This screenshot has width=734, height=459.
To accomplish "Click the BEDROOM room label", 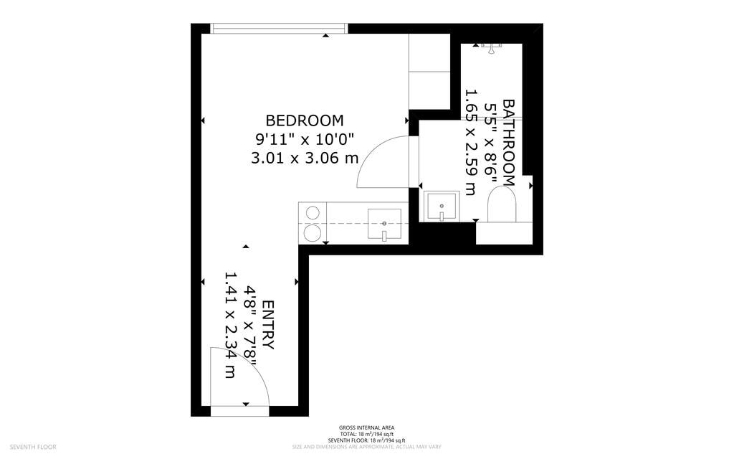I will tap(304, 120).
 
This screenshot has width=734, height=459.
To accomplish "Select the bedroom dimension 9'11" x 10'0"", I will tap(304, 138).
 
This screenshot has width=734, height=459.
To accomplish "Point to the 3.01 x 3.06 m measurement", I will tap(304, 158).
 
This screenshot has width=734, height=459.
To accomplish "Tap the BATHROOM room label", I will tap(508, 142).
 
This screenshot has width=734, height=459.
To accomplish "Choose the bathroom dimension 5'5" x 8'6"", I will tap(490, 142).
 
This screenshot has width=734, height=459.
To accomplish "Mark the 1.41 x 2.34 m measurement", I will tap(231, 325).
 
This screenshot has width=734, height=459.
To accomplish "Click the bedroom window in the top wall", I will tap(280, 29).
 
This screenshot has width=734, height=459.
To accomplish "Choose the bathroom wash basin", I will tap(441, 207).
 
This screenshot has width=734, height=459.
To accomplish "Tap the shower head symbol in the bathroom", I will tap(491, 47).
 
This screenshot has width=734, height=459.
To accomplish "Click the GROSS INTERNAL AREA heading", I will tap(367, 428).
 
